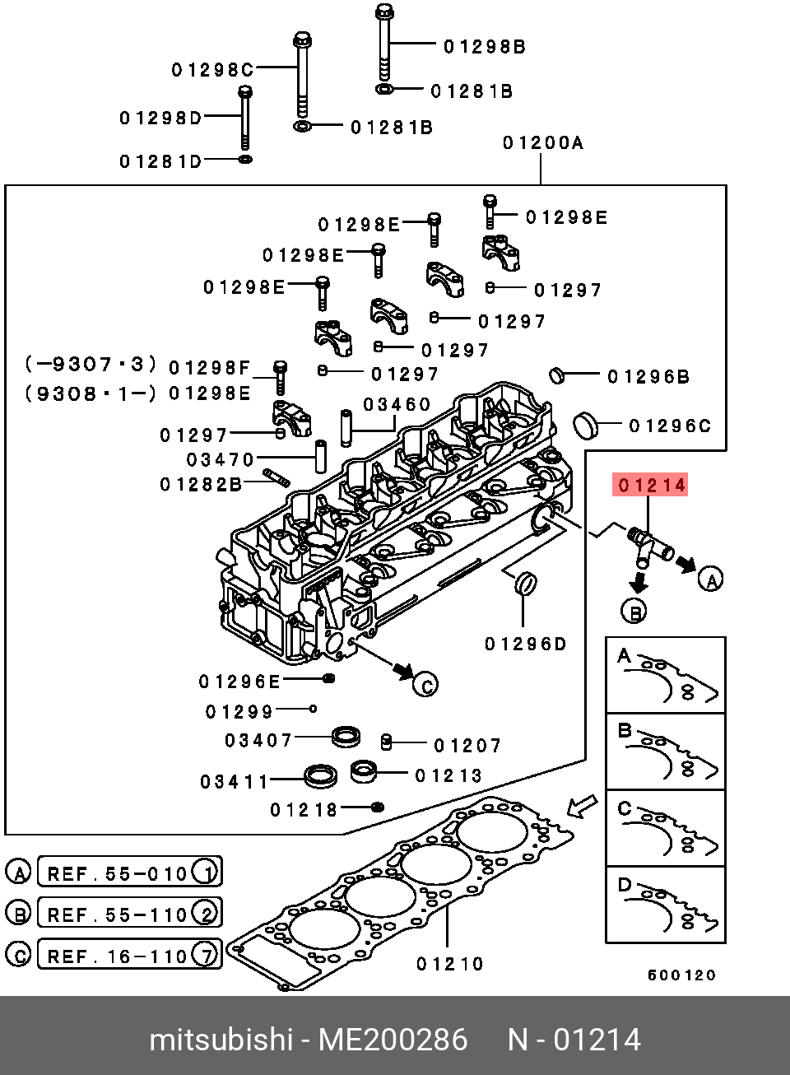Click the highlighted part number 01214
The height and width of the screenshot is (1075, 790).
[x=651, y=485]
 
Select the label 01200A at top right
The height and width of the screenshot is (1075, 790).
[x=542, y=143]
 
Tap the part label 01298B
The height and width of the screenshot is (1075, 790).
[x=484, y=47]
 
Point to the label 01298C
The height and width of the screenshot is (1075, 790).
[x=212, y=70]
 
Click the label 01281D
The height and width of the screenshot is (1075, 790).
[x=160, y=161]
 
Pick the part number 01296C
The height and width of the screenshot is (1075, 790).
[x=669, y=426]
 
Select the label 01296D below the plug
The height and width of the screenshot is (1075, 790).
[x=525, y=644]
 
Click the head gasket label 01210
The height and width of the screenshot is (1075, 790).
[x=449, y=963]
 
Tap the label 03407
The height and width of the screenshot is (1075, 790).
[x=258, y=740]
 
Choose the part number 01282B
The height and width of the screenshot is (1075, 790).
[x=201, y=484]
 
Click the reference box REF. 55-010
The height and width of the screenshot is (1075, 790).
[x=128, y=873]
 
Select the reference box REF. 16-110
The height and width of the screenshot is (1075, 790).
[x=128, y=956]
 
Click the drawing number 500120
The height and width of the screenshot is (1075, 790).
[x=681, y=975]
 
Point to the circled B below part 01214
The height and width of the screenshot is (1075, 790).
[x=634, y=611]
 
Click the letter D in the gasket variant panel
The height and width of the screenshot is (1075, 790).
[x=625, y=886]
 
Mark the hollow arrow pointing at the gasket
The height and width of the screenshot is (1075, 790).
[x=583, y=806]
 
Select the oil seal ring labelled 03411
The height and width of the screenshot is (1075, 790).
[x=320, y=775]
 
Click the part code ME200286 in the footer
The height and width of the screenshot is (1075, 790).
[x=393, y=1040]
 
